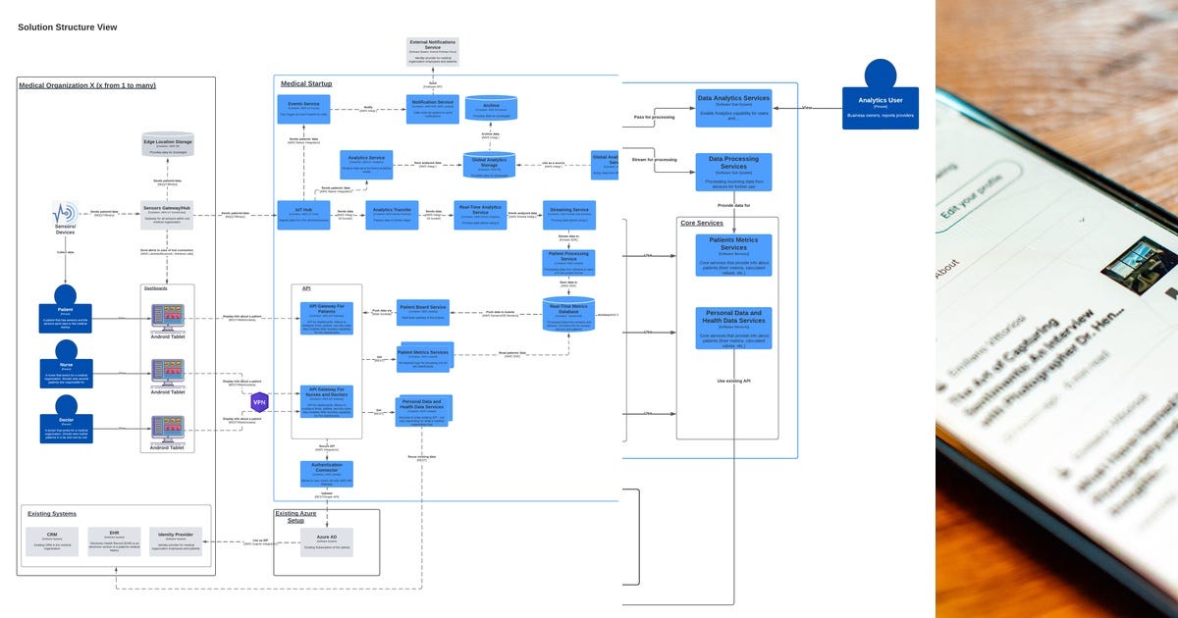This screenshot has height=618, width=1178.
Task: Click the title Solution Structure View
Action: [67, 27]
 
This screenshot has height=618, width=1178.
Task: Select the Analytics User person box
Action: [880, 108]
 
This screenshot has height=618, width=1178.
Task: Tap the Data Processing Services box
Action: [733, 172]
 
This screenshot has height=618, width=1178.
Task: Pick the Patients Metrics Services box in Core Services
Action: [733, 254]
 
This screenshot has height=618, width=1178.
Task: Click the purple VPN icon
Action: [260, 402]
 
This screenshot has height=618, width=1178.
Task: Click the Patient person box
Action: [66, 318]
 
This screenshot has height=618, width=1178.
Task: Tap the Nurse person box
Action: [66, 373]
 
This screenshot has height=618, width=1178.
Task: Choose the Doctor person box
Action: [66, 429]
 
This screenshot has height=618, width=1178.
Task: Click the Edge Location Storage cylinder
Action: [168, 146]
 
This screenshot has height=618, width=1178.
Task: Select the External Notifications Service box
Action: [433, 52]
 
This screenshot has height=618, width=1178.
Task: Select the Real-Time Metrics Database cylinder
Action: [568, 315]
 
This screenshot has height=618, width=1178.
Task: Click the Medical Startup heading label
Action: [306, 84]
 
